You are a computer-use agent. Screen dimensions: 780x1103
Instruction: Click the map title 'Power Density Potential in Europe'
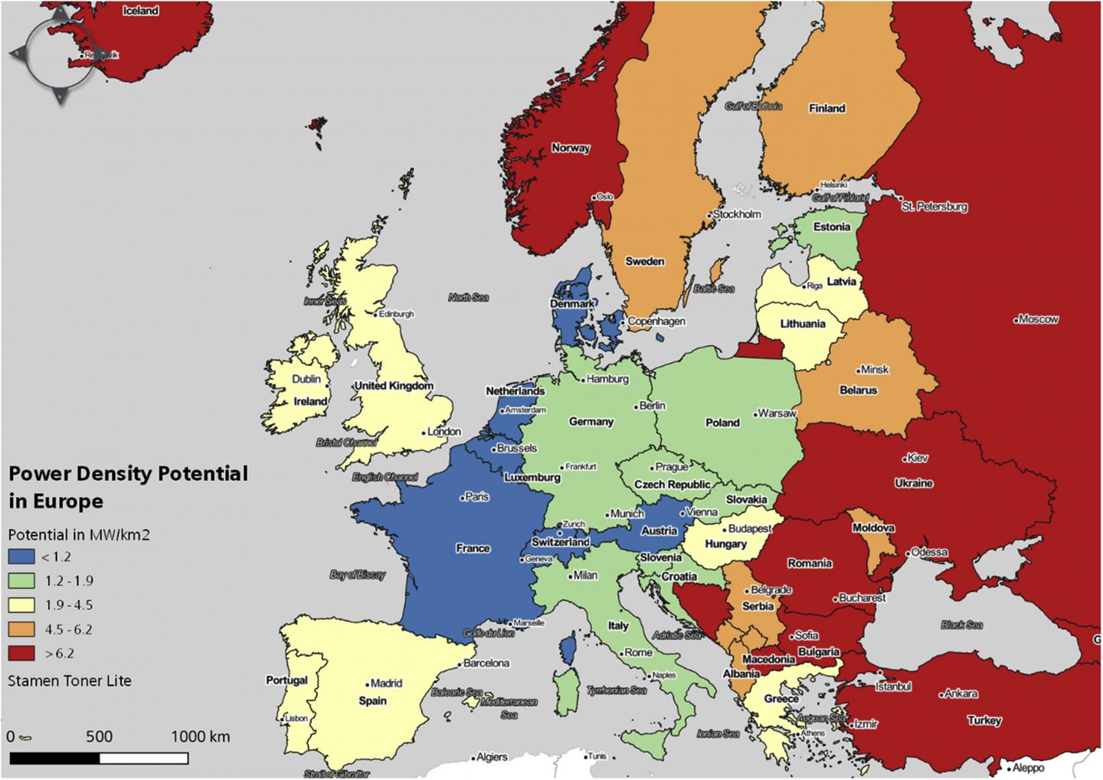[128, 487]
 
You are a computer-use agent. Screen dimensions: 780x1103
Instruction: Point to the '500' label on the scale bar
[99, 736]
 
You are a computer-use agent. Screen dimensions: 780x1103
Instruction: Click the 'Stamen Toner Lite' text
[70, 680]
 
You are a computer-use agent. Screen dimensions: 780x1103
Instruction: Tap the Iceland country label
[141, 11]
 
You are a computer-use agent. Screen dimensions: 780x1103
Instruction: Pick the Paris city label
[476, 497]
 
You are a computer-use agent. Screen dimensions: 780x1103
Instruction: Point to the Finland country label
[826, 109]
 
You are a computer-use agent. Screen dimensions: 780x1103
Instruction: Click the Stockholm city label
[737, 214]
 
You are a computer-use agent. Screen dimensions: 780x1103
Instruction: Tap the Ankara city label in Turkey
[961, 694]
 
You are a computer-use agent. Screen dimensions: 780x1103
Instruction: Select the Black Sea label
[961, 625]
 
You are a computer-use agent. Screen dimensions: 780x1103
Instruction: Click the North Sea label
[468, 297]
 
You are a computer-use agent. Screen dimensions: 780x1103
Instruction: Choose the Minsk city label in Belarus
[875, 369]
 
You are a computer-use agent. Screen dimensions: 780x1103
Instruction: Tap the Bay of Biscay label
[358, 574]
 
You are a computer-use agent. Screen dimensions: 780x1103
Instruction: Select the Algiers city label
[492, 757]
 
